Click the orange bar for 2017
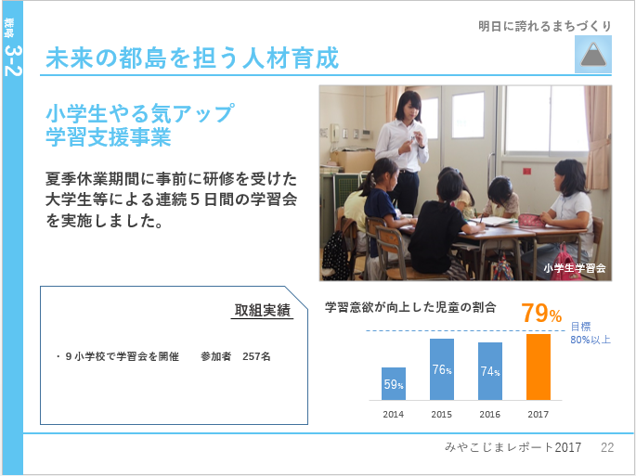coord(539,367)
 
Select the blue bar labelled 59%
coord(394,383)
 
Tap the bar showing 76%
coord(442,369)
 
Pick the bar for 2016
coord(490,371)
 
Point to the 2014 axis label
coord(393,415)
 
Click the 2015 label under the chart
coord(441,415)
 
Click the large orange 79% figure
coord(541,314)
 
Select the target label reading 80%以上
coord(591,340)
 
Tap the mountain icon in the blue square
coord(593,55)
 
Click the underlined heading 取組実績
coord(263,311)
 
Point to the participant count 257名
coord(256,356)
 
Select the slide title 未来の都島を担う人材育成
coord(192,58)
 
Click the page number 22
coord(607,447)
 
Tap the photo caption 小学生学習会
coord(575,268)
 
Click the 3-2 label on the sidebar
coord(13,60)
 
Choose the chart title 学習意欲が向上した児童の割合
coord(410,307)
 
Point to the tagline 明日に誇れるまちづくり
coord(545,26)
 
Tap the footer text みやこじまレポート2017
coord(513,447)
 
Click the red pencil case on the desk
coord(531,221)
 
